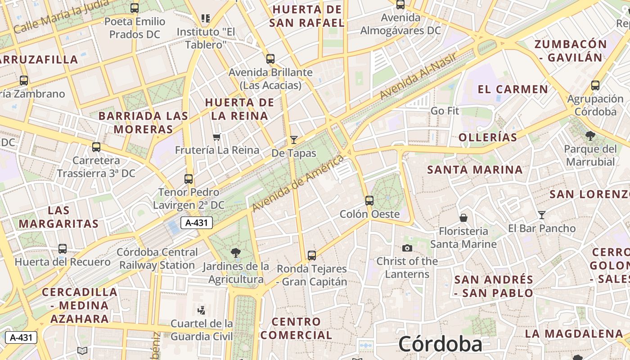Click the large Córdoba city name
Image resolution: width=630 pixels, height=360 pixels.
pos(440,344)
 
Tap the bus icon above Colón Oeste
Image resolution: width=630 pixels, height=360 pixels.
pos(369,201)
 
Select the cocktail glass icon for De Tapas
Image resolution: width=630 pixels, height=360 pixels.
pos(294,140)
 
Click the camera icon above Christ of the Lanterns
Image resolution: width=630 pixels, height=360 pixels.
pos(407,248)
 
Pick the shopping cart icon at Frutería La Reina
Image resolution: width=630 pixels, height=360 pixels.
pos(217,137)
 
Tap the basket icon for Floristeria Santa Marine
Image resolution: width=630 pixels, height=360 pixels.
pos(463,218)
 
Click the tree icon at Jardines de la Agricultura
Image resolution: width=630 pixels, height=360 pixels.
pos(235,252)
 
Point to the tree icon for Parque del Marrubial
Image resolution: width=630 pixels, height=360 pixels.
pos(590,135)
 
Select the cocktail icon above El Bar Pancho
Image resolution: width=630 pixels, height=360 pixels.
pos(542,215)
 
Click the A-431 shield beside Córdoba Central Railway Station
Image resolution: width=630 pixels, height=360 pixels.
pos(197,222)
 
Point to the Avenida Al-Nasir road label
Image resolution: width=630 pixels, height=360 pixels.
pos(418,76)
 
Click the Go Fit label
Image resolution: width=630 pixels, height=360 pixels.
pos(445,111)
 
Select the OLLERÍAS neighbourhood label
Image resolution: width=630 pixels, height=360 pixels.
pos(488,137)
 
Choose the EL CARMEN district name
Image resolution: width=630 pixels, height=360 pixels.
pos(513,89)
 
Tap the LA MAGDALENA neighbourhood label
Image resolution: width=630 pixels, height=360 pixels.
pos(574,334)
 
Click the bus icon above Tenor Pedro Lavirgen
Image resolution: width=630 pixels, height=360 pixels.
pos(189,179)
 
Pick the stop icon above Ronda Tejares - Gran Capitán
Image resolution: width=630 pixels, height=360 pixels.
pos(311,256)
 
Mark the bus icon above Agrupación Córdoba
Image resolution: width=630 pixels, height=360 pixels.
pos(595,85)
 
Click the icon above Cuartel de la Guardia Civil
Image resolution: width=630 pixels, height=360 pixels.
pos(202,310)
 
